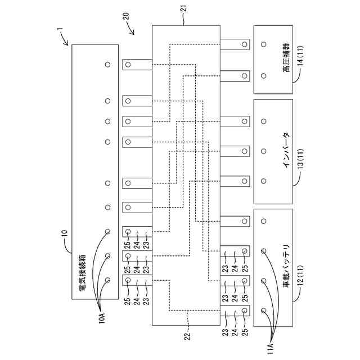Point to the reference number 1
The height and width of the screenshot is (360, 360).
[x=60, y=30]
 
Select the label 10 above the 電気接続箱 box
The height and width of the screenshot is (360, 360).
[x=65, y=233]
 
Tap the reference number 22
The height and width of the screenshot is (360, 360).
[x=187, y=336]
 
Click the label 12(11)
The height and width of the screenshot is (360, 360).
[x=300, y=276]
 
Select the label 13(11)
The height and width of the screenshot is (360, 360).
[x=300, y=159]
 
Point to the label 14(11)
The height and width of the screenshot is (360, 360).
[x=300, y=56]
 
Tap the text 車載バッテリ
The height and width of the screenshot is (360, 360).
[x=286, y=266]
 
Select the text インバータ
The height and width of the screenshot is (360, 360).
[x=286, y=150]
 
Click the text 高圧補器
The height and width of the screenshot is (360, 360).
[x=286, y=57]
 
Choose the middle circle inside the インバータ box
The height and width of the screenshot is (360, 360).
[x=264, y=151]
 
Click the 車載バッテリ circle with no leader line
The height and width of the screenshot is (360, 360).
[x=264, y=221]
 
